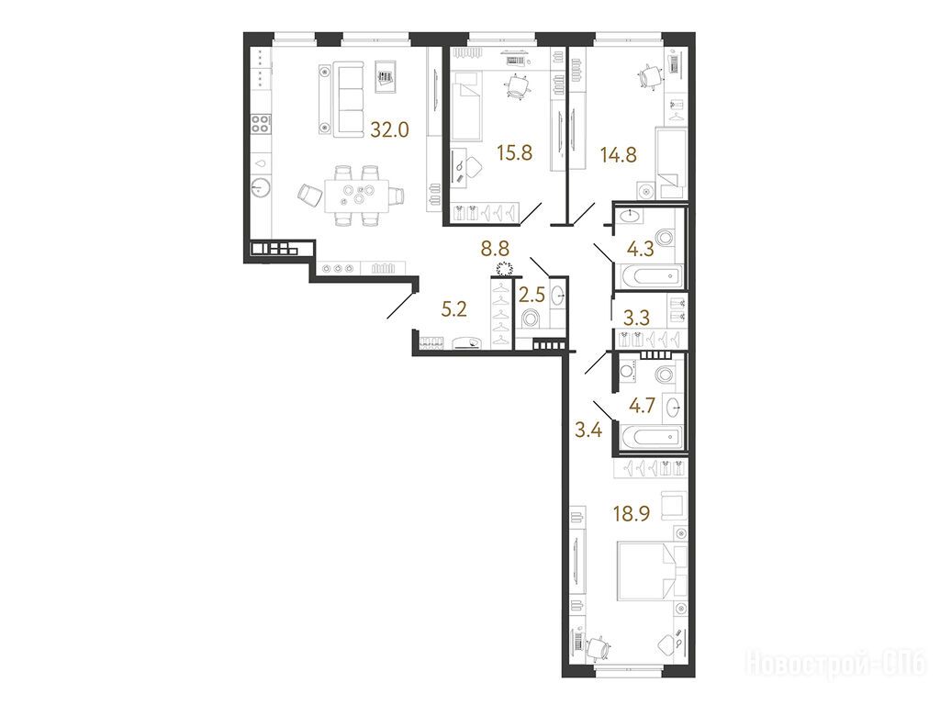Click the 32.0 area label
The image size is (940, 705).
tap(389, 129)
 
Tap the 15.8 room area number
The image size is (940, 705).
tap(514, 153)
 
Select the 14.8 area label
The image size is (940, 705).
tap(618, 154)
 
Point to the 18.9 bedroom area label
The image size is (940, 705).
tap(632, 513)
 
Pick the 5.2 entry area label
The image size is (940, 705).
tap(453, 309)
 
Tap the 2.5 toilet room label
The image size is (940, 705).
tap(532, 295)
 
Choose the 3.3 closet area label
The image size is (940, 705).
tap(636, 317)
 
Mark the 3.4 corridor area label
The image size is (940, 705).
tap(588, 430)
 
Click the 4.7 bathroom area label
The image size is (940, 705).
tap(642, 407)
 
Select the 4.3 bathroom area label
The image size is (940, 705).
tap(640, 249)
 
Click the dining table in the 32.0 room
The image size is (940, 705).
tap(356, 196)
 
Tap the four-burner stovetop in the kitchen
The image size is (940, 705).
tap(260, 124)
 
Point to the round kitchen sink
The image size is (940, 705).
tap(260, 187)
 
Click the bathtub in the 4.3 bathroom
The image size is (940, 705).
tap(650, 276)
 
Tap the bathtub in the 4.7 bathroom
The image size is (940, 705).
tap(650, 436)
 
